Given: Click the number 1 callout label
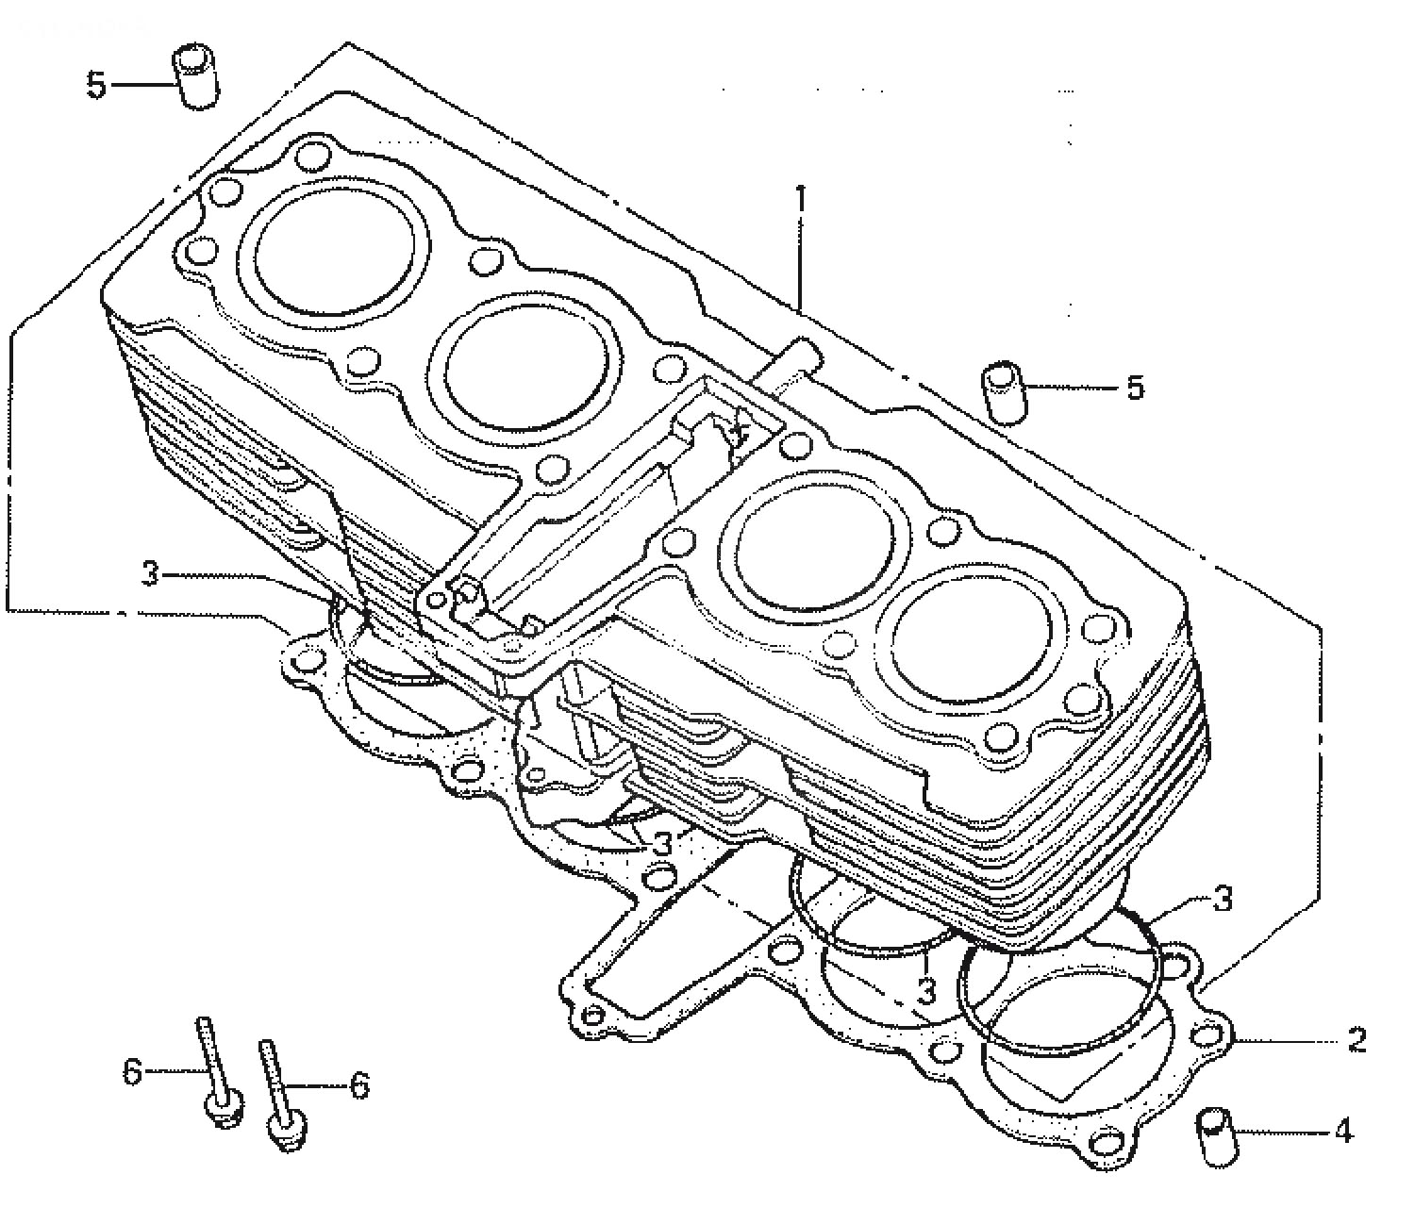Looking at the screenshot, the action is [800, 198].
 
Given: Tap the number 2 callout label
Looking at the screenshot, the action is [1357, 1041].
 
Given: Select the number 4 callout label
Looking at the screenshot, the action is [1344, 1132].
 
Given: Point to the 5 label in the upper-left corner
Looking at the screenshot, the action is [96, 86].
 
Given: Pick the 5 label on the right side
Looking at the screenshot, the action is [1135, 388].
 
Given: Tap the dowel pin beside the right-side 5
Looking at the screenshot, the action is [1005, 393].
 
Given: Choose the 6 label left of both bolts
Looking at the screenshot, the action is [133, 1070].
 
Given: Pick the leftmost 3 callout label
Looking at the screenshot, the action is [149, 573].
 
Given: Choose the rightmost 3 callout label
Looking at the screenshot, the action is [1223, 899].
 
